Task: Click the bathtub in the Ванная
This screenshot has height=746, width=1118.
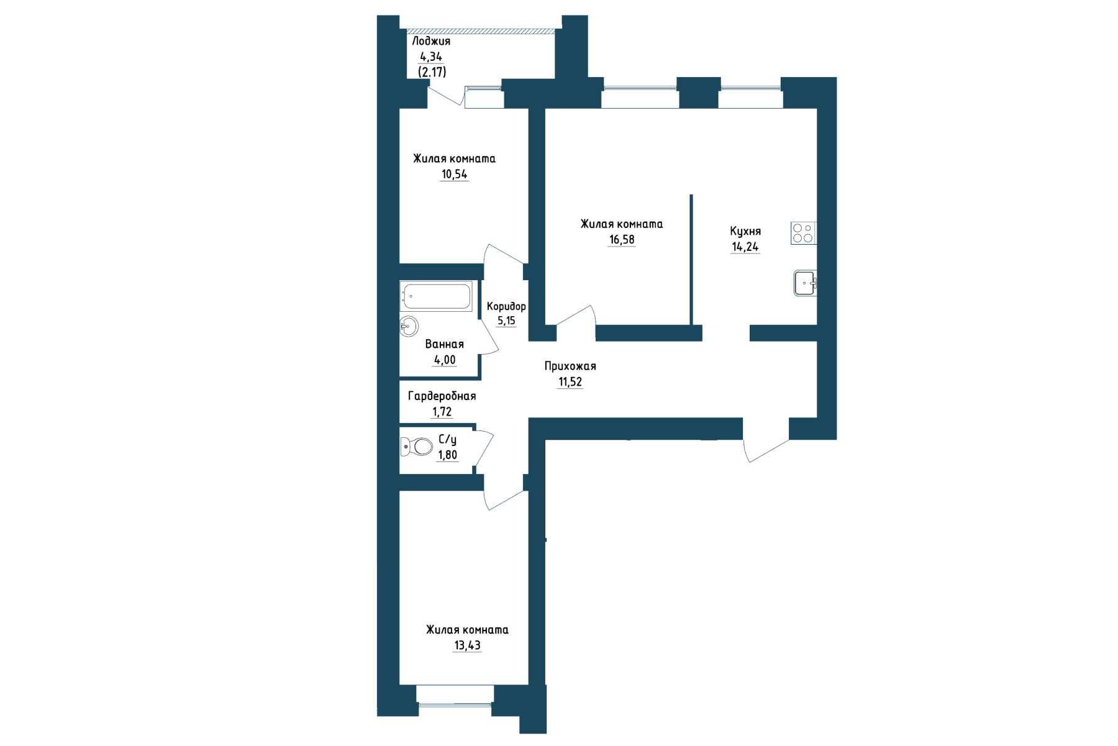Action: tap(436, 296)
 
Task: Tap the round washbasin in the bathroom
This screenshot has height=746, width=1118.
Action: tap(409, 326)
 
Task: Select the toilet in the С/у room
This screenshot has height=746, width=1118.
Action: tap(416, 446)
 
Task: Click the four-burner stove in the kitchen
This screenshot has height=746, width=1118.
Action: tap(803, 233)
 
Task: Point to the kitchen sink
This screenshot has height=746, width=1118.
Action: tap(805, 283)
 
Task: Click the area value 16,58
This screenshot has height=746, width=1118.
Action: tap(622, 240)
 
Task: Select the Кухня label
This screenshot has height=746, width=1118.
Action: tap(745, 231)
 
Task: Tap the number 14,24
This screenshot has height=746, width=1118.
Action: tap(745, 247)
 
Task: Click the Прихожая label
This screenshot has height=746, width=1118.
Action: tap(570, 366)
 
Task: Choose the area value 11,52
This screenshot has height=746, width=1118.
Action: tap(570, 382)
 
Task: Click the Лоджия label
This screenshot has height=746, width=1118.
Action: tap(431, 41)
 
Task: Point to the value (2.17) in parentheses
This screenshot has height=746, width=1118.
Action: tap(432, 72)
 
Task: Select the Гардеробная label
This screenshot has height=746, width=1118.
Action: tap(442, 396)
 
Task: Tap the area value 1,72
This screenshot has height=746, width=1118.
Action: tap(442, 412)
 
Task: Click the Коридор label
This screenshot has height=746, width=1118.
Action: tap(506, 306)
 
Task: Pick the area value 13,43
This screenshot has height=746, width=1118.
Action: tap(467, 645)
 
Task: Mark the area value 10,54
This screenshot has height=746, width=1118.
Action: tap(454, 175)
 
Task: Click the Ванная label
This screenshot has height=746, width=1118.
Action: tap(444, 344)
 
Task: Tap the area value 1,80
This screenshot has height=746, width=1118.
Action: tap(447, 455)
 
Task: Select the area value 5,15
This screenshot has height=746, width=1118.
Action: tap(506, 321)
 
